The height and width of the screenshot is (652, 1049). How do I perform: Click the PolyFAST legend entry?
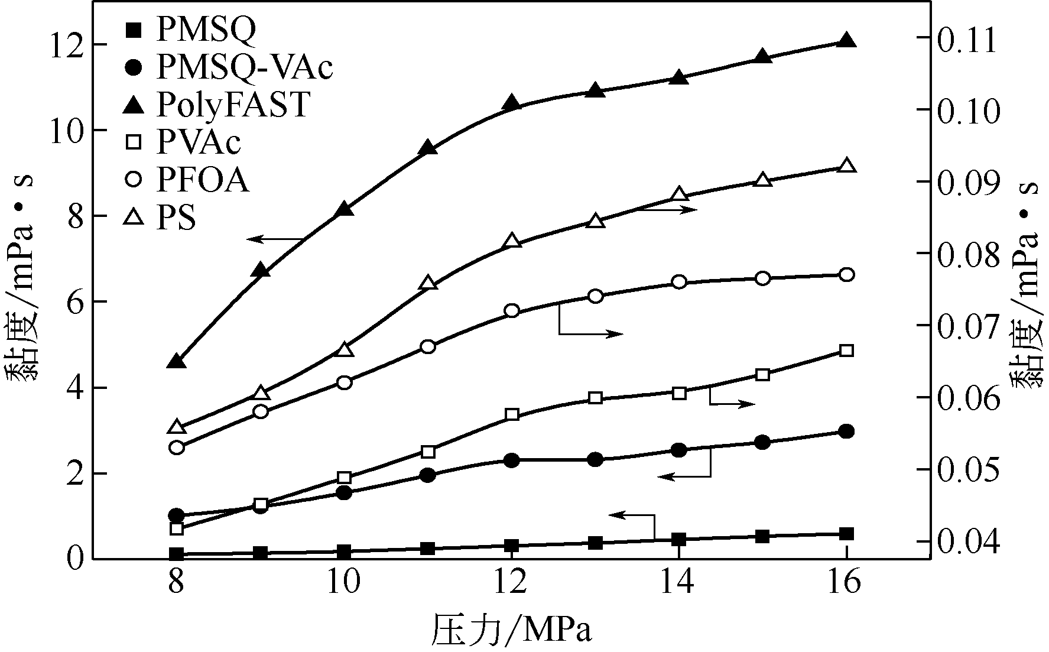point(233,105)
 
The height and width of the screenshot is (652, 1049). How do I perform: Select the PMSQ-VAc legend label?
point(245,67)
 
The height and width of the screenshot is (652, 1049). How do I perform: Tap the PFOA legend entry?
point(202,180)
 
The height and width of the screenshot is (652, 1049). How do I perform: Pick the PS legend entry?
point(176,219)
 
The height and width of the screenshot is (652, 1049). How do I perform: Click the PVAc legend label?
point(199,142)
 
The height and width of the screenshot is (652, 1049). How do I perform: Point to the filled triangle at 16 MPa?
point(846,40)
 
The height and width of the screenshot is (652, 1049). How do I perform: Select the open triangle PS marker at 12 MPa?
point(512,241)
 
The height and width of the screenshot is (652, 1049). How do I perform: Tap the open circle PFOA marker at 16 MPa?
point(846,274)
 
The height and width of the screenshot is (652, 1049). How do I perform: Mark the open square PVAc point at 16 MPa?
point(846,351)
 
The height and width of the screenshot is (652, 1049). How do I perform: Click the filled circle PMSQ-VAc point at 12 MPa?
point(512,460)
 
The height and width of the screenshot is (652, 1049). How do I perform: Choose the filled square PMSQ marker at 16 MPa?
point(846,534)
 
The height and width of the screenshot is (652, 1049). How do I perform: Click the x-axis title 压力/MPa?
point(512,631)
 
